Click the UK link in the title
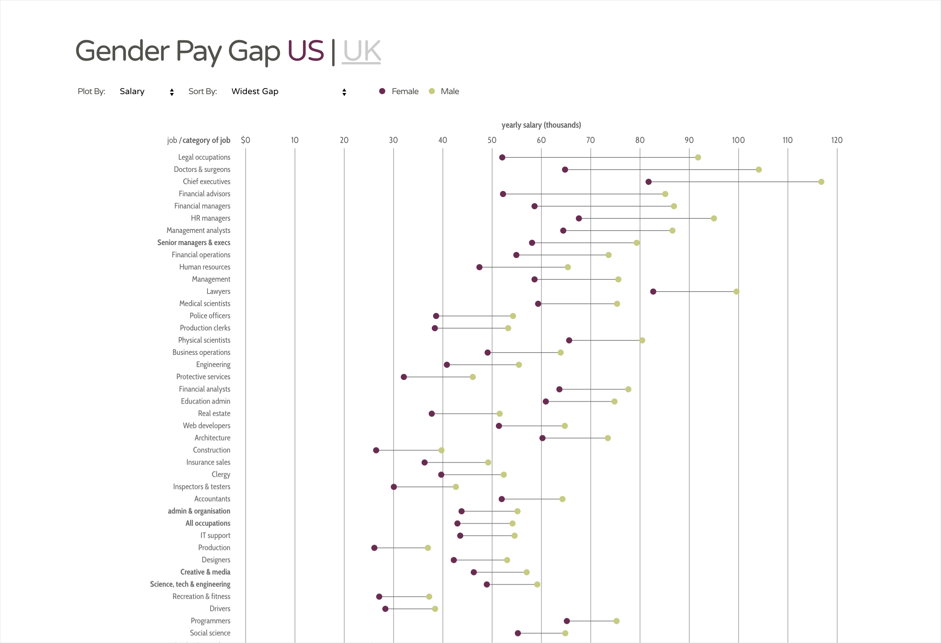pyautogui.click(x=361, y=51)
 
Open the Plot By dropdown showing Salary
pyautogui.click(x=146, y=92)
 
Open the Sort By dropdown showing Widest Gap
pyautogui.click(x=288, y=92)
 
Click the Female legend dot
pyautogui.click(x=382, y=91)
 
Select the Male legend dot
pyautogui.click(x=432, y=91)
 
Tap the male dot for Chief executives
pyautogui.click(x=821, y=182)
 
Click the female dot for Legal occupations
pyautogui.click(x=502, y=157)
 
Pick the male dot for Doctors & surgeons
pyautogui.click(x=759, y=170)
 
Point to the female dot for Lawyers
pyautogui.click(x=653, y=292)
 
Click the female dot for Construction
pyautogui.click(x=376, y=451)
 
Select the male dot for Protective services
pyautogui.click(x=473, y=377)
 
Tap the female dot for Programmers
pyautogui.click(x=567, y=621)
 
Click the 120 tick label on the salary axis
pyautogui.click(x=836, y=140)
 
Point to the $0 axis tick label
pyautogui.click(x=245, y=140)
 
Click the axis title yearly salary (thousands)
pyautogui.click(x=541, y=125)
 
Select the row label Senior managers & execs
pyautogui.click(x=193, y=243)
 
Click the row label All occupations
pyautogui.click(x=208, y=523)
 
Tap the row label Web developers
pyautogui.click(x=206, y=426)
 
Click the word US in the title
pyautogui.click(x=306, y=51)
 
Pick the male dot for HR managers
pyautogui.click(x=714, y=218)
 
